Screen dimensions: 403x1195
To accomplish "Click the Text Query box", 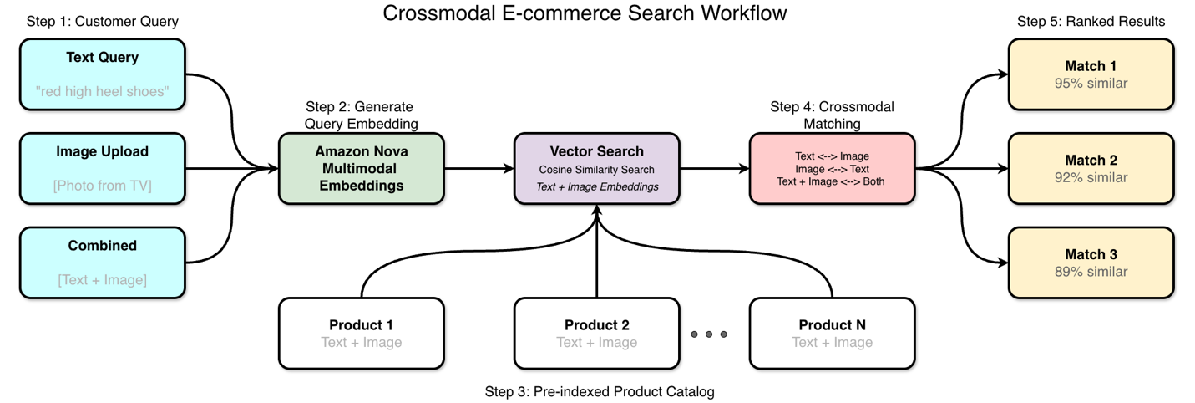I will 102,74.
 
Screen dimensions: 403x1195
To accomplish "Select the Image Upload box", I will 102,168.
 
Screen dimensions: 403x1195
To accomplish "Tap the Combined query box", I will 102,263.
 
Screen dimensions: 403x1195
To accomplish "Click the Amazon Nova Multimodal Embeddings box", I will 361,168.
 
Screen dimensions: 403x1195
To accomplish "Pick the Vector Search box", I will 596,168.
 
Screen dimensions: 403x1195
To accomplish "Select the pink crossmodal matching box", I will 832,168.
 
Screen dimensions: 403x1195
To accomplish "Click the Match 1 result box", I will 1090,74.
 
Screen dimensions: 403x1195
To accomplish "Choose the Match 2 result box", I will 1090,168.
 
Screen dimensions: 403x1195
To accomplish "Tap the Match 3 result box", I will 1090,263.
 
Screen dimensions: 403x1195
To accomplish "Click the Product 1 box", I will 361,333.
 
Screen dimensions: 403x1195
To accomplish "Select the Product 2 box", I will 596,333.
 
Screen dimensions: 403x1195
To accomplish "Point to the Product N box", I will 832,333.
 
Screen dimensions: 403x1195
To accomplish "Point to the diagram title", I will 584,13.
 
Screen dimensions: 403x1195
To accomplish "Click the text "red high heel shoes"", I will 102,91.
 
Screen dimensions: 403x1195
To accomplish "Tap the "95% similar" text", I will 1090,84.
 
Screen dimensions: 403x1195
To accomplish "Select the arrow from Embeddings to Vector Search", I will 479,168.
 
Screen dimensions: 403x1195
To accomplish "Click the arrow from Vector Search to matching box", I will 714,168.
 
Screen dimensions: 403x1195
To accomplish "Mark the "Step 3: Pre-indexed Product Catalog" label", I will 599,391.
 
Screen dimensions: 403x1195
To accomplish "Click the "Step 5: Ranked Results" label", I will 1090,22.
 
